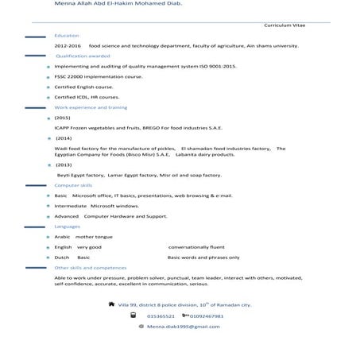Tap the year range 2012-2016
pos(68,46)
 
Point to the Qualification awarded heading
pos(83,56)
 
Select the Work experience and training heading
pos(90,106)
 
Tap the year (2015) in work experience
pos(63,117)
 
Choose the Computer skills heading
pos(73,184)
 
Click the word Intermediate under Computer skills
pos(70,205)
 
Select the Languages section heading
pos(67,226)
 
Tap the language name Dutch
pos(62,257)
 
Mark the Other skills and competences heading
pos(90,268)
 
